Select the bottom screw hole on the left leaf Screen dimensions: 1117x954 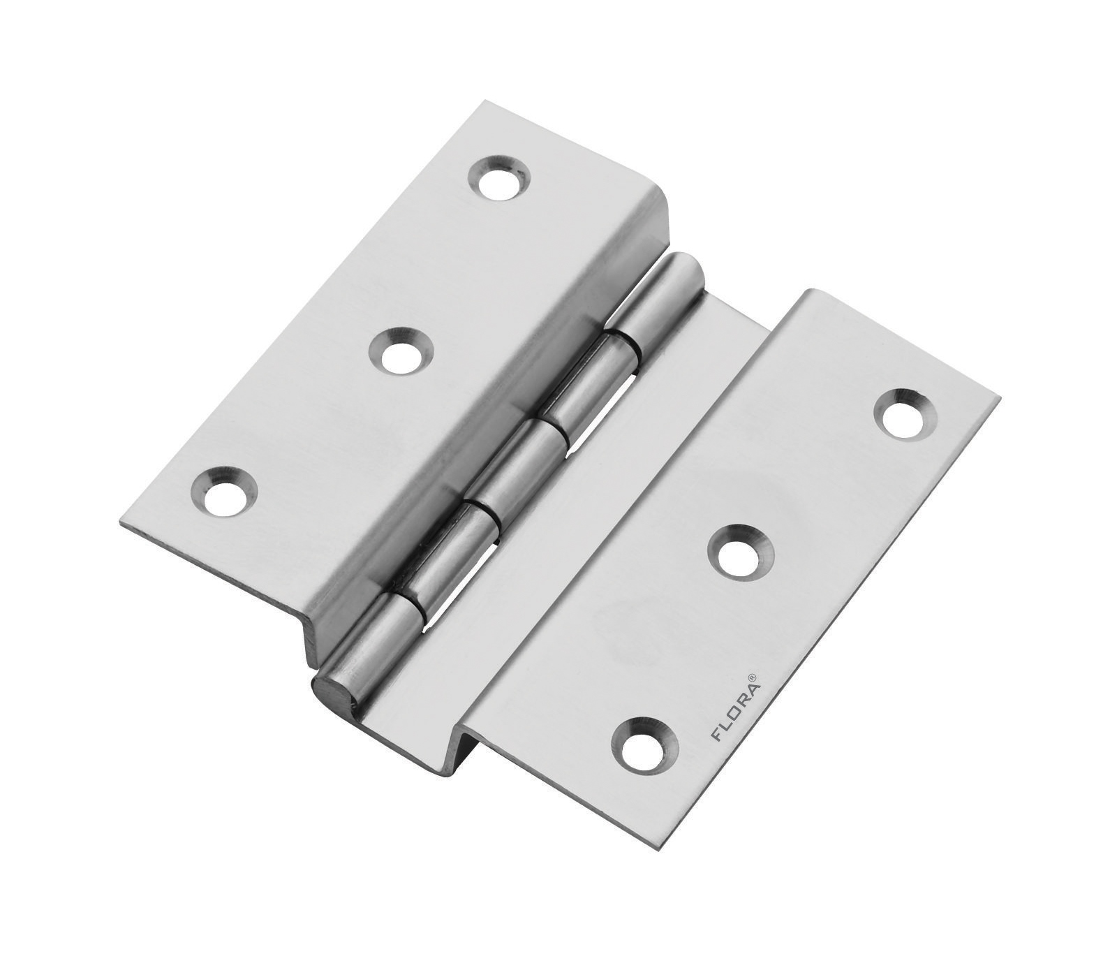click(224, 491)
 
